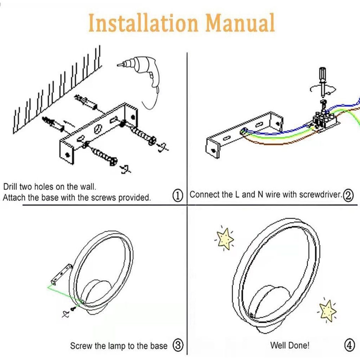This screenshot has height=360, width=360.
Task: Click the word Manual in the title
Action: [240, 23]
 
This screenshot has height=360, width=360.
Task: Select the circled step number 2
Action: [348, 195]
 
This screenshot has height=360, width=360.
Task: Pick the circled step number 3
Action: [178, 346]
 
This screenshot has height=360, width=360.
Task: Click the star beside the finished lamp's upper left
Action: [225, 239]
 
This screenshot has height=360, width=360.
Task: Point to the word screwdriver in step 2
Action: [320, 194]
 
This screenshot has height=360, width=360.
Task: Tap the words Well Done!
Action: [290, 346]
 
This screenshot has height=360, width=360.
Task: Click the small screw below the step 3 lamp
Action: [73, 309]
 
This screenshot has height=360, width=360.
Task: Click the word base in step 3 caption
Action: [159, 346]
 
